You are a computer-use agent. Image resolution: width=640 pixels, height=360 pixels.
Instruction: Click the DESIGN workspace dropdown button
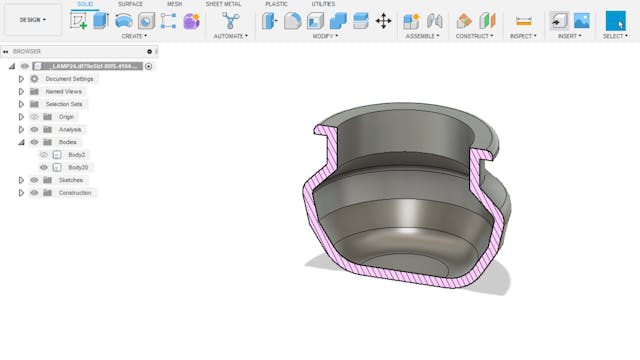[x=32, y=19]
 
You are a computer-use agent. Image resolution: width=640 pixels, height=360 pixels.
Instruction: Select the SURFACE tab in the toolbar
[x=130, y=4]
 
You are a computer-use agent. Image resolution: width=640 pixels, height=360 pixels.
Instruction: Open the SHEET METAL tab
[x=224, y=4]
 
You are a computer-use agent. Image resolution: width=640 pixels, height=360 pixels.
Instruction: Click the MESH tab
[x=174, y=4]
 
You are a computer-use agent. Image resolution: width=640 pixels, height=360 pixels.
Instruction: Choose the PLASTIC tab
[x=276, y=4]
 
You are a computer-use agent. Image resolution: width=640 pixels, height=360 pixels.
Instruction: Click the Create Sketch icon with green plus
[x=80, y=21]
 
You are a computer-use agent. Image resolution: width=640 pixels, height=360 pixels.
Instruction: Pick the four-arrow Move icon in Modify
[x=383, y=21]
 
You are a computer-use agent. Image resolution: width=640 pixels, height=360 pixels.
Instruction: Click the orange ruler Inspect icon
[x=523, y=21]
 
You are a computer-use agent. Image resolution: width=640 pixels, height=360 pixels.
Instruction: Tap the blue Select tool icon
[x=615, y=20]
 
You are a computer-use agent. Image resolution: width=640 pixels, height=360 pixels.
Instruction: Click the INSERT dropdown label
[x=569, y=36]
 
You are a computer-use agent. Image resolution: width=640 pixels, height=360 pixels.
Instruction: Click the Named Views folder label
[x=64, y=91]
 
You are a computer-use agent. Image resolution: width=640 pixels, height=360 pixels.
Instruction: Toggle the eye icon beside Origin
[x=34, y=117]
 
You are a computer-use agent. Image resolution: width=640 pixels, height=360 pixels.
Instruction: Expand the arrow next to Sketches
[x=21, y=180]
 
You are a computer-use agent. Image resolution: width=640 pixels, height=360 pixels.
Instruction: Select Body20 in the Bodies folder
[x=79, y=167]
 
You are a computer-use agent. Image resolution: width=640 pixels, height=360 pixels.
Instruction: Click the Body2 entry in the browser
[x=77, y=155]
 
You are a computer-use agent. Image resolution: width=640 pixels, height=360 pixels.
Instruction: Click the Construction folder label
[x=75, y=193]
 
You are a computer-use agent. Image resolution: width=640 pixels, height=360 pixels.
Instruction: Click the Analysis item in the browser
[x=70, y=129]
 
